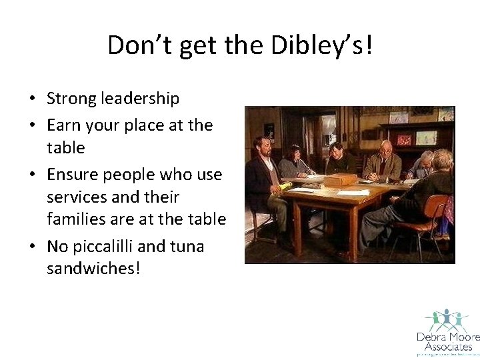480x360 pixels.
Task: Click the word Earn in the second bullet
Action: point(62,125)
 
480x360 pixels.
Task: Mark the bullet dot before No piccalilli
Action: point(31,247)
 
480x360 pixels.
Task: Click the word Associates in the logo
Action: point(445,347)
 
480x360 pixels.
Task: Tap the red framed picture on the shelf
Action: point(405,139)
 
